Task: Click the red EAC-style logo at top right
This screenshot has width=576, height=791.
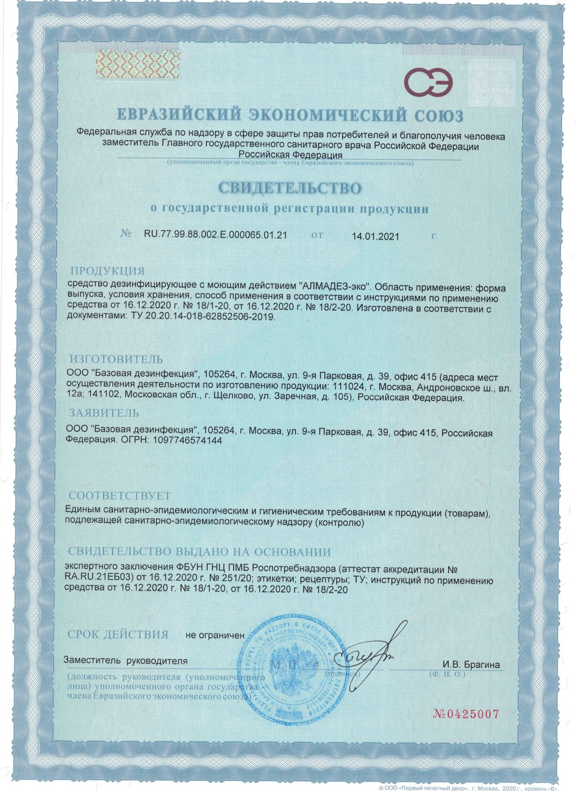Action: click(428, 83)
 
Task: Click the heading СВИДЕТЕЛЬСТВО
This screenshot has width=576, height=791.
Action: click(290, 188)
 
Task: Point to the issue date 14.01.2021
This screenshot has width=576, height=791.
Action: click(375, 236)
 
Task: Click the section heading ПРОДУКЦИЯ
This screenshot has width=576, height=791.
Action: click(107, 271)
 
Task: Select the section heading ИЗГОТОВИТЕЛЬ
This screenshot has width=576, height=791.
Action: click(116, 359)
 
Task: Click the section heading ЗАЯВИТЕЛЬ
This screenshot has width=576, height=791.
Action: click(104, 412)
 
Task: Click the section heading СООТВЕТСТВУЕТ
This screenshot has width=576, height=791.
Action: click(120, 496)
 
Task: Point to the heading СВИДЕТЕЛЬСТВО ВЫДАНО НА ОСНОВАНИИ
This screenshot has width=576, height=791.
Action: click(199, 552)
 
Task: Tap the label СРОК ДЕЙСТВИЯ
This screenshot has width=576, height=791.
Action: click(118, 634)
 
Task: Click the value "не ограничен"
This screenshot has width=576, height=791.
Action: click(215, 635)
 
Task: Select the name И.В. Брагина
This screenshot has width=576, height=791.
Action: click(470, 665)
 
